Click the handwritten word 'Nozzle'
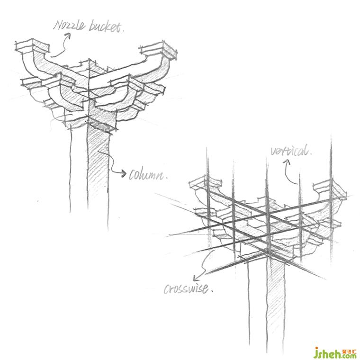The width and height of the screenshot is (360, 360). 69,25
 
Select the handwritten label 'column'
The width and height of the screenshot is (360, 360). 146,175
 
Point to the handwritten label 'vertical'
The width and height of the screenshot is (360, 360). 290,151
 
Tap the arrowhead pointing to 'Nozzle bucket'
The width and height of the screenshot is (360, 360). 68,36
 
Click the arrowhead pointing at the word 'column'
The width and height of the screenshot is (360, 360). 123,173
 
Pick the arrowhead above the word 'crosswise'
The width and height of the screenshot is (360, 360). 196,278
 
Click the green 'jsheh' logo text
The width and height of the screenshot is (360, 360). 328,353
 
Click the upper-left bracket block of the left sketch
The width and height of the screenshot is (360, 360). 32,46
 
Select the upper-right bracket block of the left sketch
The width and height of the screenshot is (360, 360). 158,50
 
